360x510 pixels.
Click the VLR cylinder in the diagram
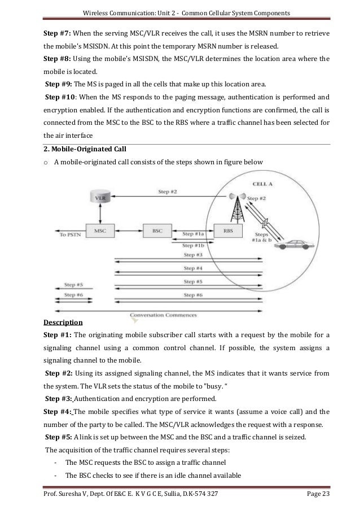[100, 198]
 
